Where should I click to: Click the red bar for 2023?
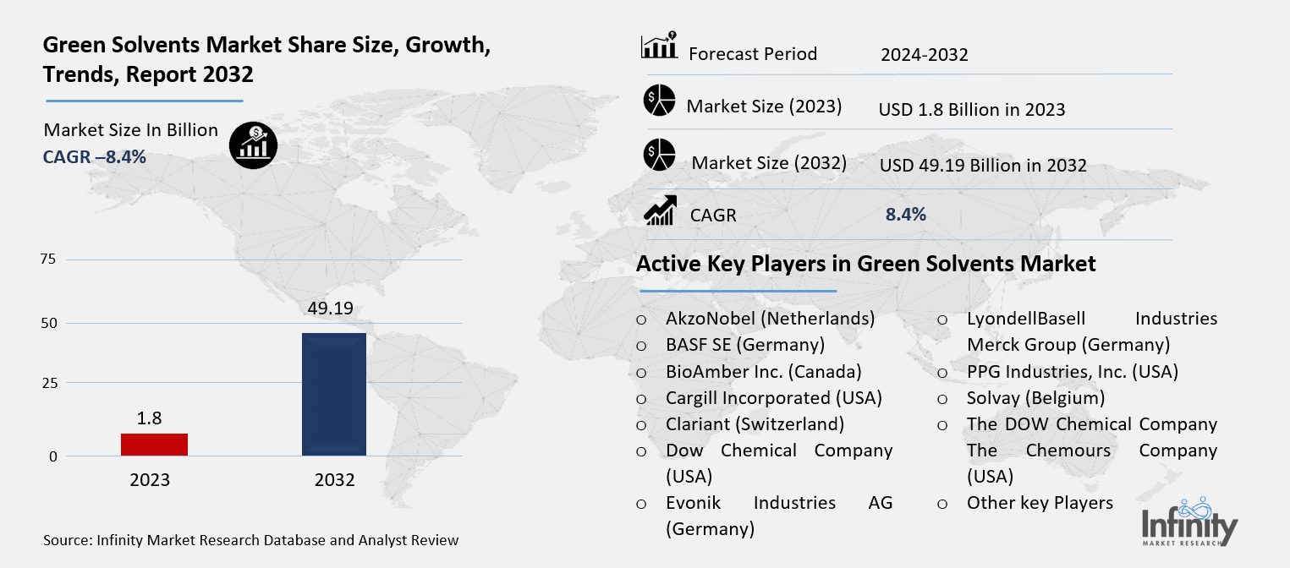click(154, 445)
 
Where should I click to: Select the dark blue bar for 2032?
click(334, 394)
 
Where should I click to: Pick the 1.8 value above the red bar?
click(150, 418)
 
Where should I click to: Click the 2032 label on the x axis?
click(334, 480)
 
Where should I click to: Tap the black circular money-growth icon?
click(253, 145)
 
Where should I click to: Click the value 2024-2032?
click(924, 56)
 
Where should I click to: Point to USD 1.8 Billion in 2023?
click(972, 110)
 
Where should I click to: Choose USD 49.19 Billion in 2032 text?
click(983, 166)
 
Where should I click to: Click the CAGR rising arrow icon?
click(660, 211)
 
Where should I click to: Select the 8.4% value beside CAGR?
click(905, 215)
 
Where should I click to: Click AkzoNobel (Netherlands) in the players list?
click(770, 319)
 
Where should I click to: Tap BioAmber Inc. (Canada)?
click(763, 371)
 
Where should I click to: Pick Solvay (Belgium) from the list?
click(1035, 397)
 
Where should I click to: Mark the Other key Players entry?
click(1040, 503)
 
